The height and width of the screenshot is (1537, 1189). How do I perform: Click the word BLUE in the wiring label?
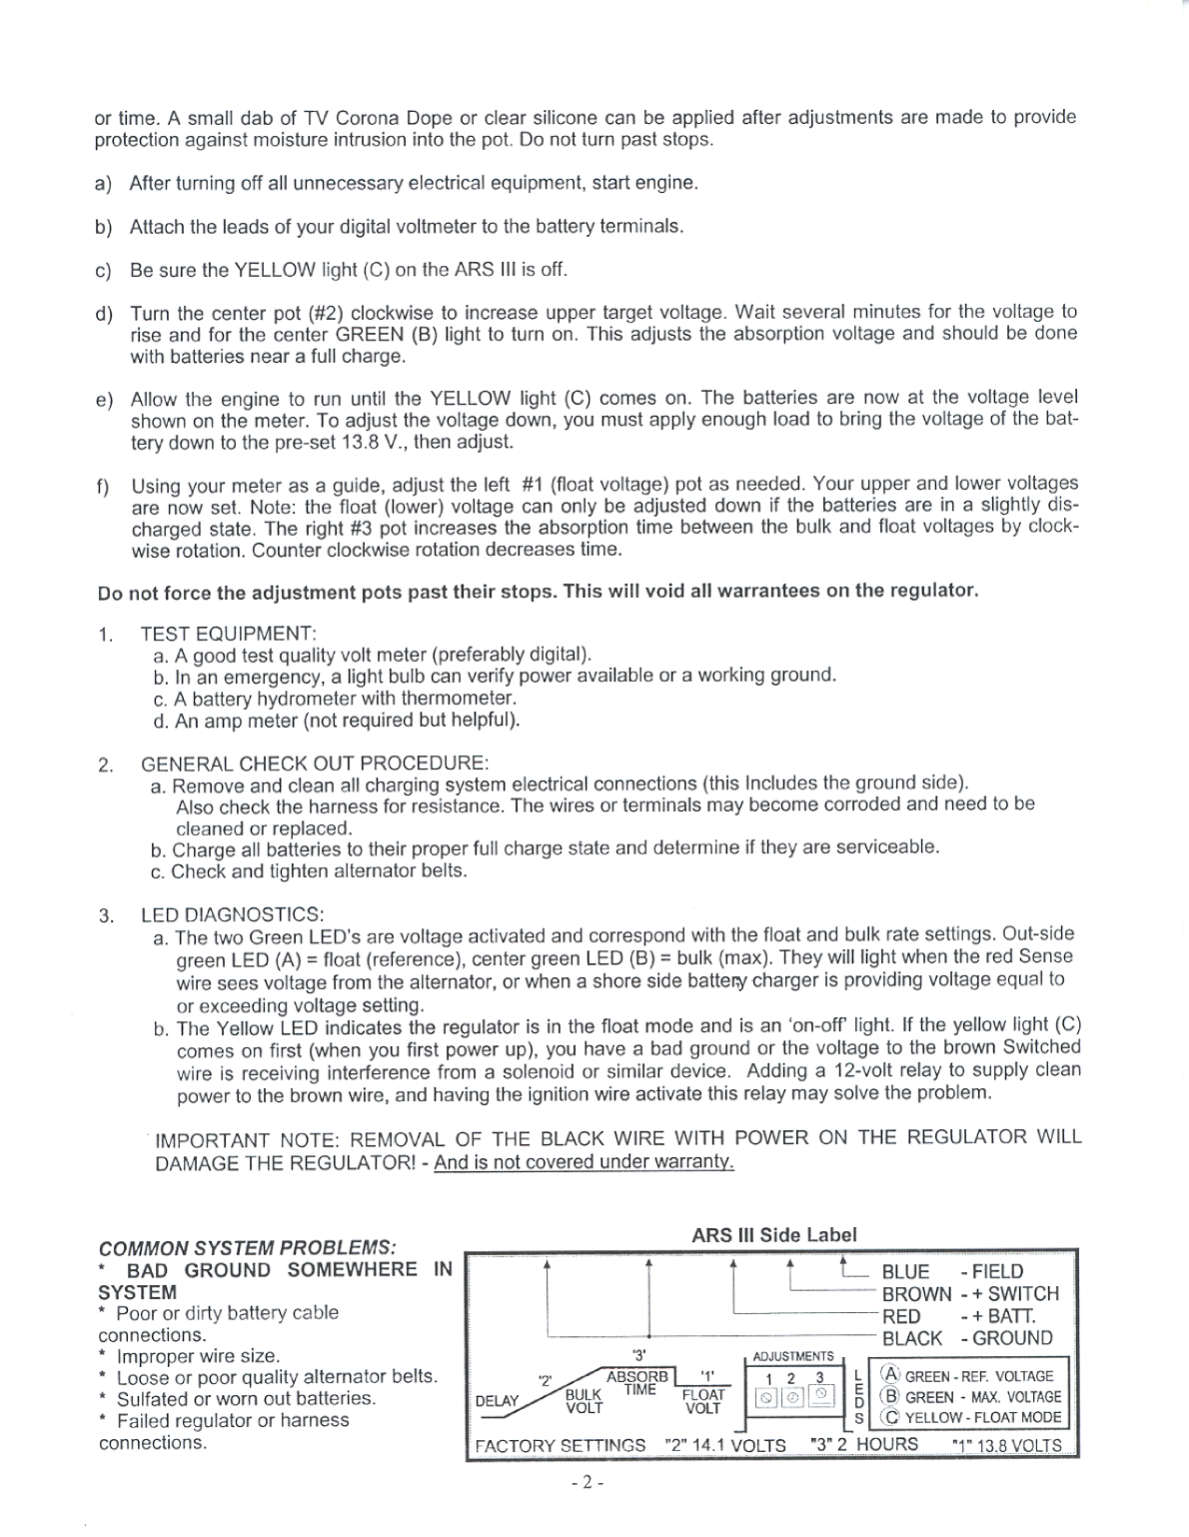coord(905,1271)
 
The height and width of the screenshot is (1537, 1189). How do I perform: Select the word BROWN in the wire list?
coord(916,1293)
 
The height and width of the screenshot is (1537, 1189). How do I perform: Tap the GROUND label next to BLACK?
coord(1012,1338)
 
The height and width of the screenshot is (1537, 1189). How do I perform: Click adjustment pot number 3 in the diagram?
coord(817,1398)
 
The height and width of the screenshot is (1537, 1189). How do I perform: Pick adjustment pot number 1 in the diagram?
coord(766,1398)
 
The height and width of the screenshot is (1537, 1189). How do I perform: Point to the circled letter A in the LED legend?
coord(890,1376)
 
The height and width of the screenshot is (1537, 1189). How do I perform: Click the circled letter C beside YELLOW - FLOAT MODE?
coord(890,1417)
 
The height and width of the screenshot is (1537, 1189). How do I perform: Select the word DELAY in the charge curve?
coord(497,1401)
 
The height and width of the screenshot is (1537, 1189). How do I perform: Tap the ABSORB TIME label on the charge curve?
coord(640,1383)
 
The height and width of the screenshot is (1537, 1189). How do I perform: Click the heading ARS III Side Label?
coord(773,1235)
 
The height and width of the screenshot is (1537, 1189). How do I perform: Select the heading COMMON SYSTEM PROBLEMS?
coord(247,1248)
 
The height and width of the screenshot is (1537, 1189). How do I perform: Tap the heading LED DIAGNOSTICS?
coord(232,914)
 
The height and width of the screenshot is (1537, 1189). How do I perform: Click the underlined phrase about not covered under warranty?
coord(585,1162)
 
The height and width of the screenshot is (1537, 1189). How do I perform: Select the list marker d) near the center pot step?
coord(103,313)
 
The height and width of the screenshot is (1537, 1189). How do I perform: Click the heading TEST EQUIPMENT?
coord(228,634)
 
